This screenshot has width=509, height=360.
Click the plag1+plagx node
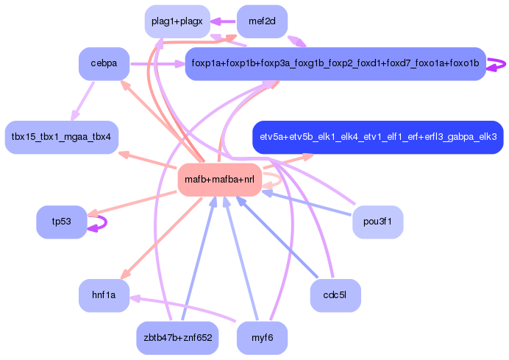click(x=177, y=21)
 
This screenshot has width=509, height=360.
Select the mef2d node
click(x=262, y=21)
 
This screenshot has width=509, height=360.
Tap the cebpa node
click(x=104, y=64)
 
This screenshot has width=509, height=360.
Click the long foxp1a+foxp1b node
click(x=335, y=64)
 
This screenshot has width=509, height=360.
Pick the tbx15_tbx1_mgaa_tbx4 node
click(x=61, y=137)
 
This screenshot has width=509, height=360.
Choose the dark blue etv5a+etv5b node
click(x=377, y=137)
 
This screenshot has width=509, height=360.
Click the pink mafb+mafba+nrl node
click(x=220, y=180)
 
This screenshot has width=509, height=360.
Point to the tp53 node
click(x=61, y=222)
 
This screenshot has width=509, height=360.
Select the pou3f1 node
click(x=377, y=222)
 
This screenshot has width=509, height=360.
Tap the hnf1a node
click(x=104, y=296)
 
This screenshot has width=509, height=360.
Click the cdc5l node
click(x=335, y=296)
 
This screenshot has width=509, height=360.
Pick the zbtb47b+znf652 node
click(x=177, y=338)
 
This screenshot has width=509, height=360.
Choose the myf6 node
click(x=262, y=338)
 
